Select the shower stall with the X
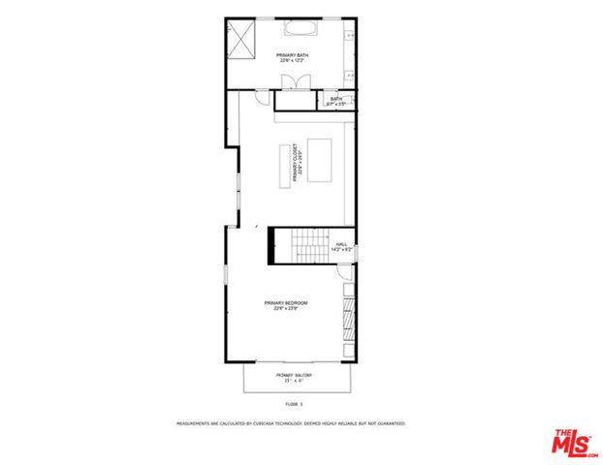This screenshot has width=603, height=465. [240, 40]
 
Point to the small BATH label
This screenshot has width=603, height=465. [336, 99]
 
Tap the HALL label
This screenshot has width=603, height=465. [341, 244]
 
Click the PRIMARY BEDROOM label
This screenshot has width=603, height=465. [286, 303]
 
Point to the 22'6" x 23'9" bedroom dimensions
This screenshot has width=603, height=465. [286, 310]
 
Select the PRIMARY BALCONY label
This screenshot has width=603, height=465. [291, 374]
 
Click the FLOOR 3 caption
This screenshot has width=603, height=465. [294, 403]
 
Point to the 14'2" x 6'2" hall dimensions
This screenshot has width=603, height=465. [342, 251]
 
